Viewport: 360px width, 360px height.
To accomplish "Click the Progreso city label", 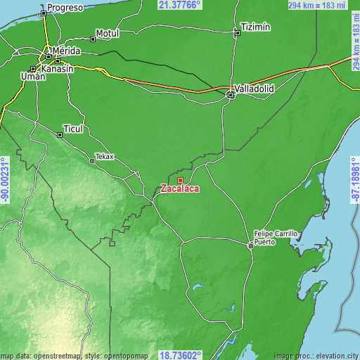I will click(65, 8).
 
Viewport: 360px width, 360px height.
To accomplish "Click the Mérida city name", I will click(66, 52).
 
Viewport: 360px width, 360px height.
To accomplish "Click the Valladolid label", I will click(255, 89).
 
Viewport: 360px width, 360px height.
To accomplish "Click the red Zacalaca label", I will click(180, 188).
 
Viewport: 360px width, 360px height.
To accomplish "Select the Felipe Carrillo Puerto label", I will click(276, 237).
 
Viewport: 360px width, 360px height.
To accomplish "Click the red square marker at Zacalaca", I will click(180, 180).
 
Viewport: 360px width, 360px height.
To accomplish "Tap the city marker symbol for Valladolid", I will click(230, 94).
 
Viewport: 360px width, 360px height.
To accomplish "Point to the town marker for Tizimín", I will click(236, 32).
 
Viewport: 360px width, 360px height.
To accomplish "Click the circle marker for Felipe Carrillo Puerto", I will click(250, 245).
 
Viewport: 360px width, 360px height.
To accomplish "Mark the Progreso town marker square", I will click(44, 13).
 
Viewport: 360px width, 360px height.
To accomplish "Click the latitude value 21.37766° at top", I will click(179, 5).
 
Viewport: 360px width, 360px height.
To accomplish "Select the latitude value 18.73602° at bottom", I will click(181, 355).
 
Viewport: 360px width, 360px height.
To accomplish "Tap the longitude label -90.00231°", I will click(5, 180).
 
